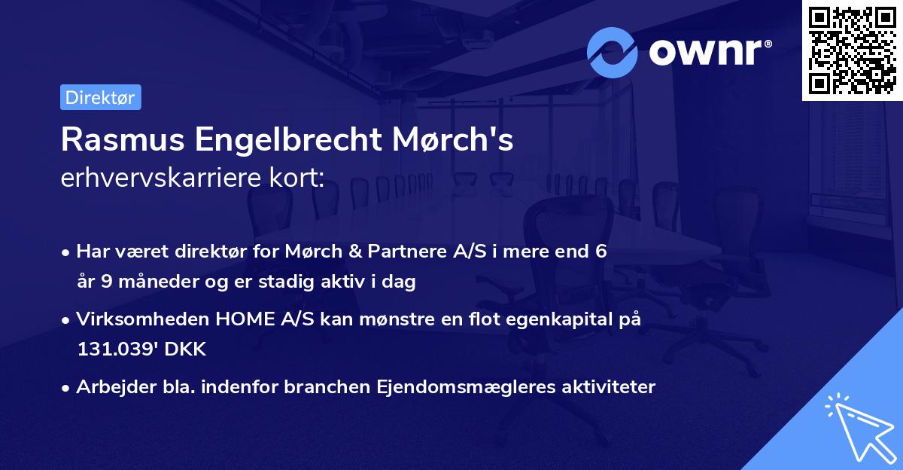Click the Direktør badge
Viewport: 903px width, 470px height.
(100, 97)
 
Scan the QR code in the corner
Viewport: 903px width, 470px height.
(851, 50)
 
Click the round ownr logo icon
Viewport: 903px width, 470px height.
(612, 52)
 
